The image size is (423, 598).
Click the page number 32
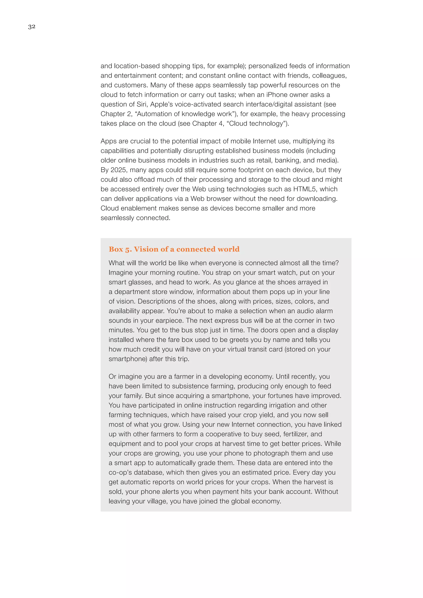pyautogui.click(x=32, y=27)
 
